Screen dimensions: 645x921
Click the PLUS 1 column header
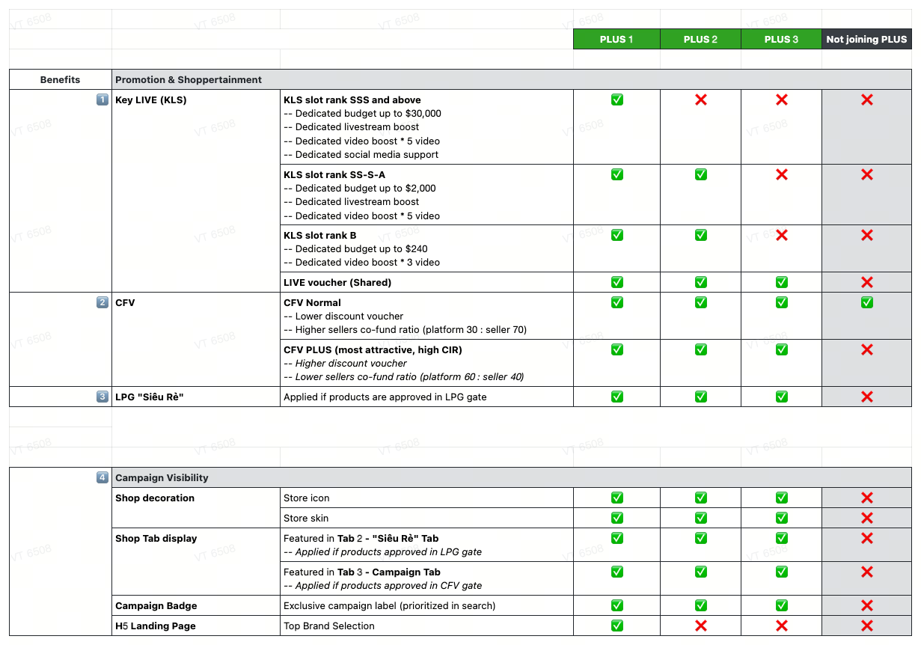coord(616,40)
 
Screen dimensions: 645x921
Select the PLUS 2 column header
coord(700,40)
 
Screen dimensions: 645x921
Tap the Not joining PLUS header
coord(866,40)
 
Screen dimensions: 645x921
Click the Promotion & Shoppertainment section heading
coord(189,79)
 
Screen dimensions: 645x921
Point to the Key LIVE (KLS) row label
coord(151,100)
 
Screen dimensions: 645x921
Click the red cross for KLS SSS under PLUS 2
coord(701,100)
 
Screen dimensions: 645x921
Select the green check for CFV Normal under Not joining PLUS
coord(867,302)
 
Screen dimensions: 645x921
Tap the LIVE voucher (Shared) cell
coord(337,282)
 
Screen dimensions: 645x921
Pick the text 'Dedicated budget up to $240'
coord(361,248)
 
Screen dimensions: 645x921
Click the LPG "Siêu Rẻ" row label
coord(150,397)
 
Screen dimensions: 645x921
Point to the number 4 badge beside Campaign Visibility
coord(102,477)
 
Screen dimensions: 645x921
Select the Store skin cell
coord(306,518)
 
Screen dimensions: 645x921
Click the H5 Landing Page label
coord(156,626)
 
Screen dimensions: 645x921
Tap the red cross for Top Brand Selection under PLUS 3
coord(782,626)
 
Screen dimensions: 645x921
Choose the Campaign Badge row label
coord(156,605)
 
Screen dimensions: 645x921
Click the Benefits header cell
coord(60,79)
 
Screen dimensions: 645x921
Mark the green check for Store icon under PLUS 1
coord(617,498)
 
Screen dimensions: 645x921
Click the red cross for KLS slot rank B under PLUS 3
coord(782,235)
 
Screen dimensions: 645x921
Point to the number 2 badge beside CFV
coord(102,302)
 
